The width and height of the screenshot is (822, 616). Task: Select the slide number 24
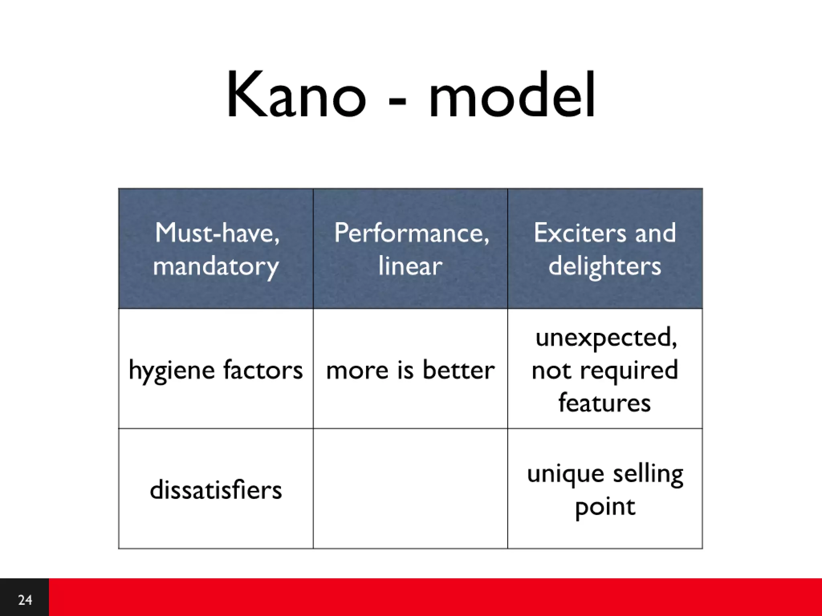[25, 600]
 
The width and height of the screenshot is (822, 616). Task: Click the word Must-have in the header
[217, 233]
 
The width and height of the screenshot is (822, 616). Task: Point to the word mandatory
[216, 266]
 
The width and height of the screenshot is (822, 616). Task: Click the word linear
[410, 265]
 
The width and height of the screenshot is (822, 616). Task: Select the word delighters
[604, 265]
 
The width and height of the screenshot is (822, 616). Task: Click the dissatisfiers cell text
[216, 490]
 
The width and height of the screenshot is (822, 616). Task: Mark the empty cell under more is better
[410, 488]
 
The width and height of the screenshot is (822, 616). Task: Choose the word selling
[648, 474]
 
